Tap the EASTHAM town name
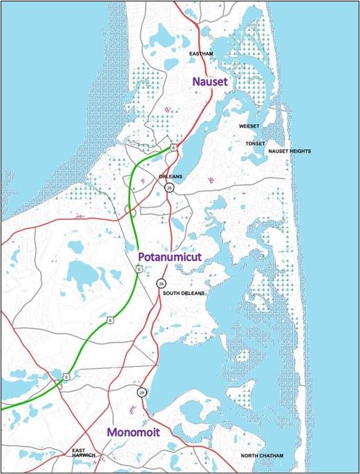tap(205, 53)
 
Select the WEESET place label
tap(249, 127)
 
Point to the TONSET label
tap(255, 143)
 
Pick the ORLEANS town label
tap(170, 176)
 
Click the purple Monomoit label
tap(133, 432)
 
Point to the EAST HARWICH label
tap(83, 455)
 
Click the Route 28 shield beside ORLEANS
tap(169, 187)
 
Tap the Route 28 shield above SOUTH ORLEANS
tap(161, 283)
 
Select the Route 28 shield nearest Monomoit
tap(141, 392)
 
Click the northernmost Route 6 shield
tap(174, 147)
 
